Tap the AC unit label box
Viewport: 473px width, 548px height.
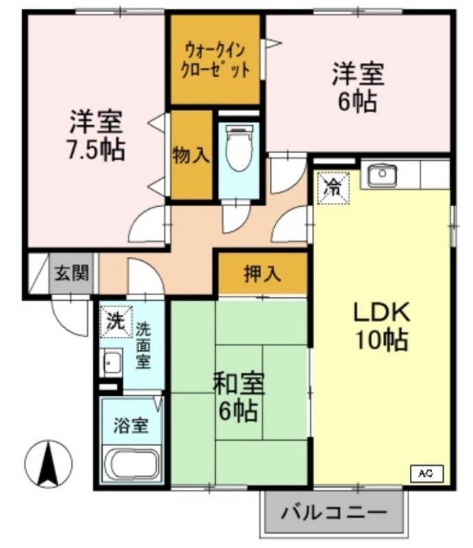pyautogui.click(x=426, y=473)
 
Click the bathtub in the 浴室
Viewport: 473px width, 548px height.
pyautogui.click(x=131, y=466)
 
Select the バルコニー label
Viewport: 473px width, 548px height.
pyautogui.click(x=334, y=512)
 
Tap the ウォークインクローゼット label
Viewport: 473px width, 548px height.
pyautogui.click(x=215, y=60)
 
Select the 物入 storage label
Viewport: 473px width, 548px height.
pyautogui.click(x=191, y=155)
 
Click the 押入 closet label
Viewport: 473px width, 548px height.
pyautogui.click(x=263, y=274)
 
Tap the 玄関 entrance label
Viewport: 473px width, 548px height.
pyautogui.click(x=72, y=274)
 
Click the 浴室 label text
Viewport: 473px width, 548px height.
pyautogui.click(x=130, y=425)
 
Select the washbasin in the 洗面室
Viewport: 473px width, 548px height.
pyautogui.click(x=111, y=362)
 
